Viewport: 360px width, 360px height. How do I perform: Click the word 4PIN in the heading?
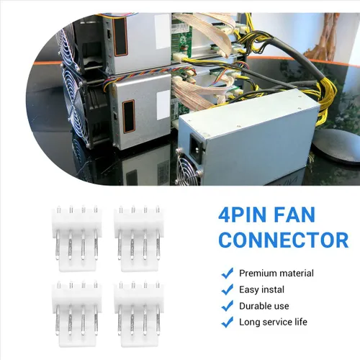[243, 215]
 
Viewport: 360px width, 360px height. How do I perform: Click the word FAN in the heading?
[294, 215]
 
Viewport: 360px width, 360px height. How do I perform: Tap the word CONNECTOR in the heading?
[284, 240]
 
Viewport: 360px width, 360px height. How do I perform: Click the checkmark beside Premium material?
[227, 273]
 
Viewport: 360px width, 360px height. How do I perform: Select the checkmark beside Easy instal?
[227, 289]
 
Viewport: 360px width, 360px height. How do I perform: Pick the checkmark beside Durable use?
[227, 306]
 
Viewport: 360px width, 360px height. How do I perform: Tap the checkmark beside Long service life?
[227, 322]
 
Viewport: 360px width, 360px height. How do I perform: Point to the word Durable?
[255, 306]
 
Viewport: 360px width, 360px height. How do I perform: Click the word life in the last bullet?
[301, 322]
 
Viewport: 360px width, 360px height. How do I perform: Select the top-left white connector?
[77, 238]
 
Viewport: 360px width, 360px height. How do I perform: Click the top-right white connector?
[139, 238]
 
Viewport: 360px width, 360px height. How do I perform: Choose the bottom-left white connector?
[77, 314]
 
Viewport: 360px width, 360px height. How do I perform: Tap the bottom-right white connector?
[139, 314]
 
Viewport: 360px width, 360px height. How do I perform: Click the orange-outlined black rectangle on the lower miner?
[128, 116]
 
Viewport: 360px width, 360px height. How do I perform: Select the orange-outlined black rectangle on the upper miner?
[120, 36]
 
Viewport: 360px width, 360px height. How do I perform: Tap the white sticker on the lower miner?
[163, 105]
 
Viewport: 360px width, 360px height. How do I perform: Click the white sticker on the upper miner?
[162, 31]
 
